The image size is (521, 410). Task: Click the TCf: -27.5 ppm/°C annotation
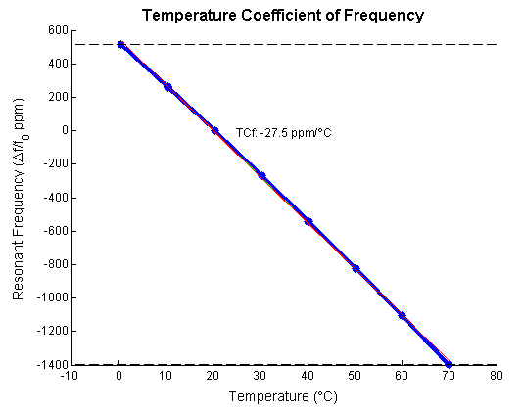[284, 132]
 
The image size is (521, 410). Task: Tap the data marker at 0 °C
[119, 44]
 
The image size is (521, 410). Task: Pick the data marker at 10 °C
[167, 87]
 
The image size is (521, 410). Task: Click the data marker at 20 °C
[214, 130]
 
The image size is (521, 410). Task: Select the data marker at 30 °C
[261, 175]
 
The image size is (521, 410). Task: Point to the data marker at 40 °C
[308, 222]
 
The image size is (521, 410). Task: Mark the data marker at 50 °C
[355, 268]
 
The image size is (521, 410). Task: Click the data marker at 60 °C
[403, 316]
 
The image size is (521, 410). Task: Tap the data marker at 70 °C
[450, 364]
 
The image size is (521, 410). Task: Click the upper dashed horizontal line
[294, 44]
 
